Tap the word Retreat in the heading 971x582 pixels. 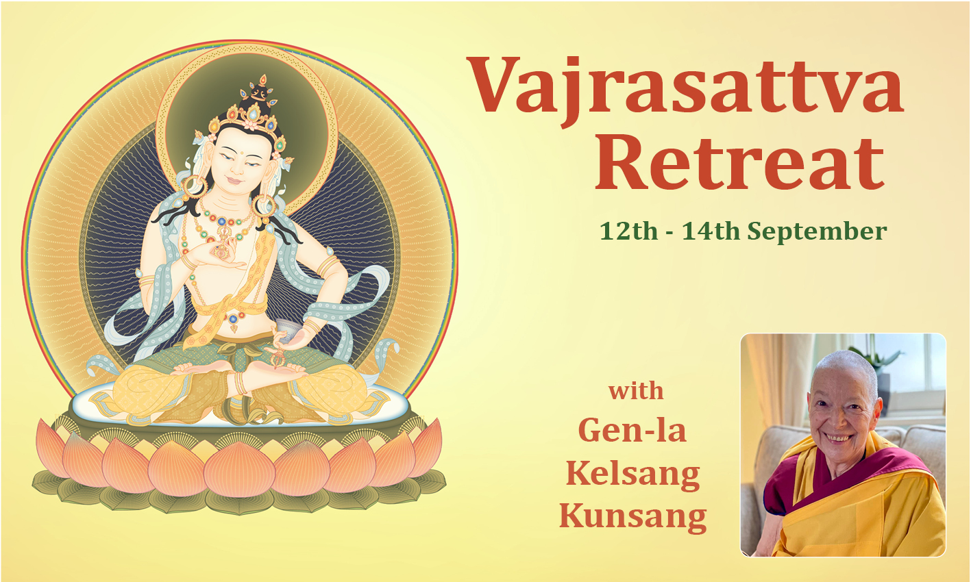740,162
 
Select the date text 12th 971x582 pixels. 629,231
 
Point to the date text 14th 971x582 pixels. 711,231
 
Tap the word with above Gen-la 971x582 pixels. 637,390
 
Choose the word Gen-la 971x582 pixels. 632,430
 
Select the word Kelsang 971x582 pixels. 633,473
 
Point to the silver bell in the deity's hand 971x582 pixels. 286,331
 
